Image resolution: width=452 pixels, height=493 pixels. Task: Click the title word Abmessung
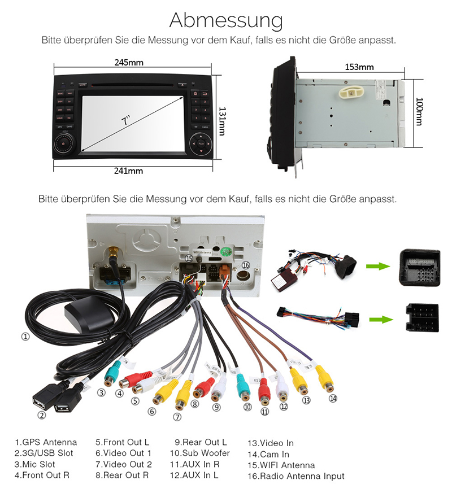point(226,20)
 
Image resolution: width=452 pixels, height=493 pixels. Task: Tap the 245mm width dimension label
point(129,62)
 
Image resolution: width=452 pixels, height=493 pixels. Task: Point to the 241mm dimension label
point(129,171)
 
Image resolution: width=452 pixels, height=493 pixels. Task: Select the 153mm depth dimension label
point(359,67)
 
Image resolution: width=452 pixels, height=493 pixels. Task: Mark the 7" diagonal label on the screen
point(125,120)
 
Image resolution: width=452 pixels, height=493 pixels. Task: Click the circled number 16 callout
point(245,265)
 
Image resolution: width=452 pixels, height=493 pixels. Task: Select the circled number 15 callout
point(189,258)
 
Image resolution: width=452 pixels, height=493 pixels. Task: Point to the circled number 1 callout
point(25,336)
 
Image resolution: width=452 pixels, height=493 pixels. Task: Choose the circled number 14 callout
point(333,398)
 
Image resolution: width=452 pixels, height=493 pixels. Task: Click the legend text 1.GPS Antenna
point(46,442)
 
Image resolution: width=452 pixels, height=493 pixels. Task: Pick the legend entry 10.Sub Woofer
point(199,453)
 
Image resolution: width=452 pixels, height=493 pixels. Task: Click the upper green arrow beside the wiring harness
point(376,267)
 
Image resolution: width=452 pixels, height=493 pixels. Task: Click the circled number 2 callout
point(41,415)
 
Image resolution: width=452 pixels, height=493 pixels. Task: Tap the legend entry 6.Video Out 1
point(123,453)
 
